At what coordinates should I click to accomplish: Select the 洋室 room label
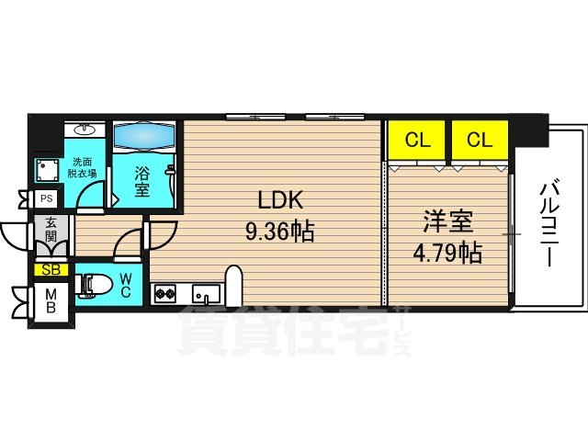tap(447, 221)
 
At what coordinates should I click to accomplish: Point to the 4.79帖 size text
tap(447, 252)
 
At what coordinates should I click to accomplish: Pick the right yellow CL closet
tap(479, 141)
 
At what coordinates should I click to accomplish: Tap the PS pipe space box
tap(44, 198)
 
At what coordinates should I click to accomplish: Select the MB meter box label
tap(51, 301)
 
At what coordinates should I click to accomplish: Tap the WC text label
tap(126, 286)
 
